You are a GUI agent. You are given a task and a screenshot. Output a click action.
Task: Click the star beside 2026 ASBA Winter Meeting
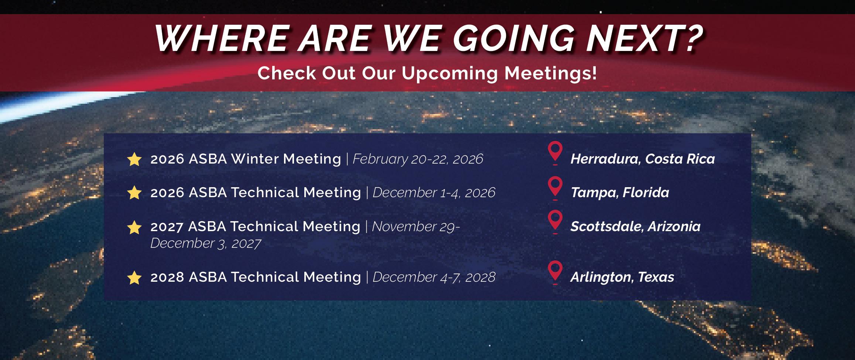(134, 159)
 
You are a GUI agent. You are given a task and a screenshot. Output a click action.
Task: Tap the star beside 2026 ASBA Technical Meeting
(134, 193)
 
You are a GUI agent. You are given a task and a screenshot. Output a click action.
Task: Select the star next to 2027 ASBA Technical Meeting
(134, 227)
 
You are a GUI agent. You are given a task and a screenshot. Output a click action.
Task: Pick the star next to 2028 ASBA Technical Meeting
(134, 278)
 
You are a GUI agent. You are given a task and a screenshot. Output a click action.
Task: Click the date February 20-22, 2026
(418, 159)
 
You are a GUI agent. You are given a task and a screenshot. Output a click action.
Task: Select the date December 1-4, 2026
(434, 193)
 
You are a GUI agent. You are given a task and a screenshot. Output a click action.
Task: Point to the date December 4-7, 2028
(434, 277)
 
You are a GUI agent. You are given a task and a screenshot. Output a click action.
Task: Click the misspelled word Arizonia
(674, 226)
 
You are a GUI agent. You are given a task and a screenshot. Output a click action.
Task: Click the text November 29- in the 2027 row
(416, 226)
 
